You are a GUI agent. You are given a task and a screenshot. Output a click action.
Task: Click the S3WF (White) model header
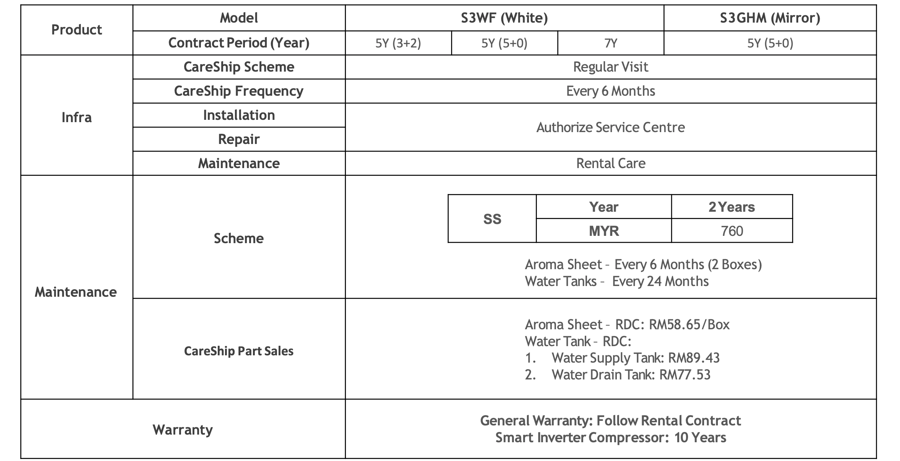(504, 18)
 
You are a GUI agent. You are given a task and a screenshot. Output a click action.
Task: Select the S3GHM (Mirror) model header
(770, 18)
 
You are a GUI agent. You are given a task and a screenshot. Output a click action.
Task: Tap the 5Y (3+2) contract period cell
(398, 43)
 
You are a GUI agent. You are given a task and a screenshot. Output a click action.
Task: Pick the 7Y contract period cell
(611, 43)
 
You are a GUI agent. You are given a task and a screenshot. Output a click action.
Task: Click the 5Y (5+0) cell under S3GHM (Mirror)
(770, 43)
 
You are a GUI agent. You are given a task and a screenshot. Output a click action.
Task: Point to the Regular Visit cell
(611, 67)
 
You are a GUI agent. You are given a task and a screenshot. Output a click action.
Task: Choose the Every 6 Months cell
(611, 91)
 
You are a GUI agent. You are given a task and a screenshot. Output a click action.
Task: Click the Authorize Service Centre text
(611, 127)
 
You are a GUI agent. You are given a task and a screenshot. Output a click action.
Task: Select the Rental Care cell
(611, 163)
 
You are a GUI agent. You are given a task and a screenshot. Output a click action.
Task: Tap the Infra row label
(77, 117)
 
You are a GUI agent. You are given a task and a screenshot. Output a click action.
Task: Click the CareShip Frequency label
(239, 91)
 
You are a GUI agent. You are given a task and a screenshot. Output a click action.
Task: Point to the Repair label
(239, 139)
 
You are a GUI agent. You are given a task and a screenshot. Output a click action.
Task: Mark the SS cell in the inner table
(492, 219)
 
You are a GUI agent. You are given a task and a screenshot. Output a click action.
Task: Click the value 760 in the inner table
(732, 231)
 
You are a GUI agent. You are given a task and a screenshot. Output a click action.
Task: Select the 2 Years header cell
(732, 207)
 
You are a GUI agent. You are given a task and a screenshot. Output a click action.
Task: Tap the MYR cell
(604, 231)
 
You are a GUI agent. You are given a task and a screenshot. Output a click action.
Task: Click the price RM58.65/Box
(689, 325)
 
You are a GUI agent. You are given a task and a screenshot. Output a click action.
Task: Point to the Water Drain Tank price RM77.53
(685, 374)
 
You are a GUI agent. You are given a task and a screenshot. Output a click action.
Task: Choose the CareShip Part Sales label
(239, 351)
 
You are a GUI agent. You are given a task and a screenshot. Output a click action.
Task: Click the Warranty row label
(183, 430)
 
